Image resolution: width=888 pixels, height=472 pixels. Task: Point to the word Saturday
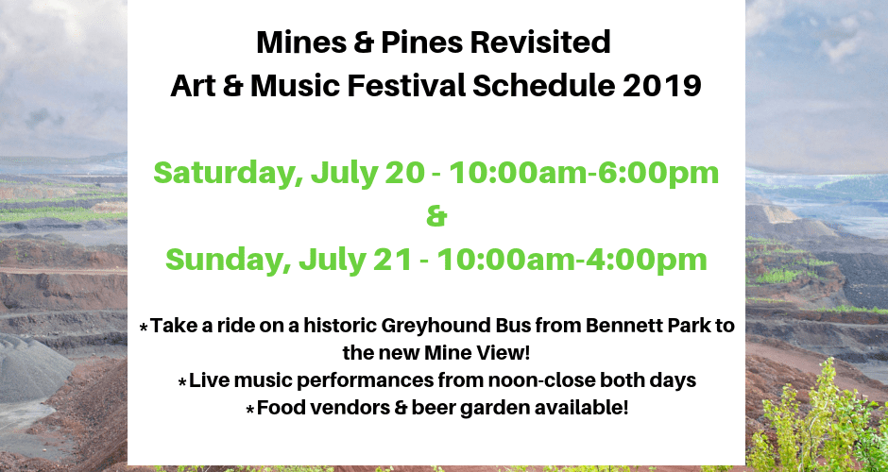pyautogui.click(x=228, y=174)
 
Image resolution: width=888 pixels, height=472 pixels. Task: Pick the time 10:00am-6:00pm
pyautogui.click(x=584, y=174)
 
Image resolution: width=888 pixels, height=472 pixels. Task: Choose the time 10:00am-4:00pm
pyautogui.click(x=572, y=261)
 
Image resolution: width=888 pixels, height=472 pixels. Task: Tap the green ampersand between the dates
pyautogui.click(x=436, y=217)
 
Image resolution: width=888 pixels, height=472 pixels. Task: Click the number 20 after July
pyautogui.click(x=404, y=174)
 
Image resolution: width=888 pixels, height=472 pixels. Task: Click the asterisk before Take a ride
pyautogui.click(x=145, y=328)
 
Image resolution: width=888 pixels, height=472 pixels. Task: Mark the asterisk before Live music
pyautogui.click(x=182, y=382)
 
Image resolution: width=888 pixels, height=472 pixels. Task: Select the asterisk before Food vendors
pyautogui.click(x=250, y=410)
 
